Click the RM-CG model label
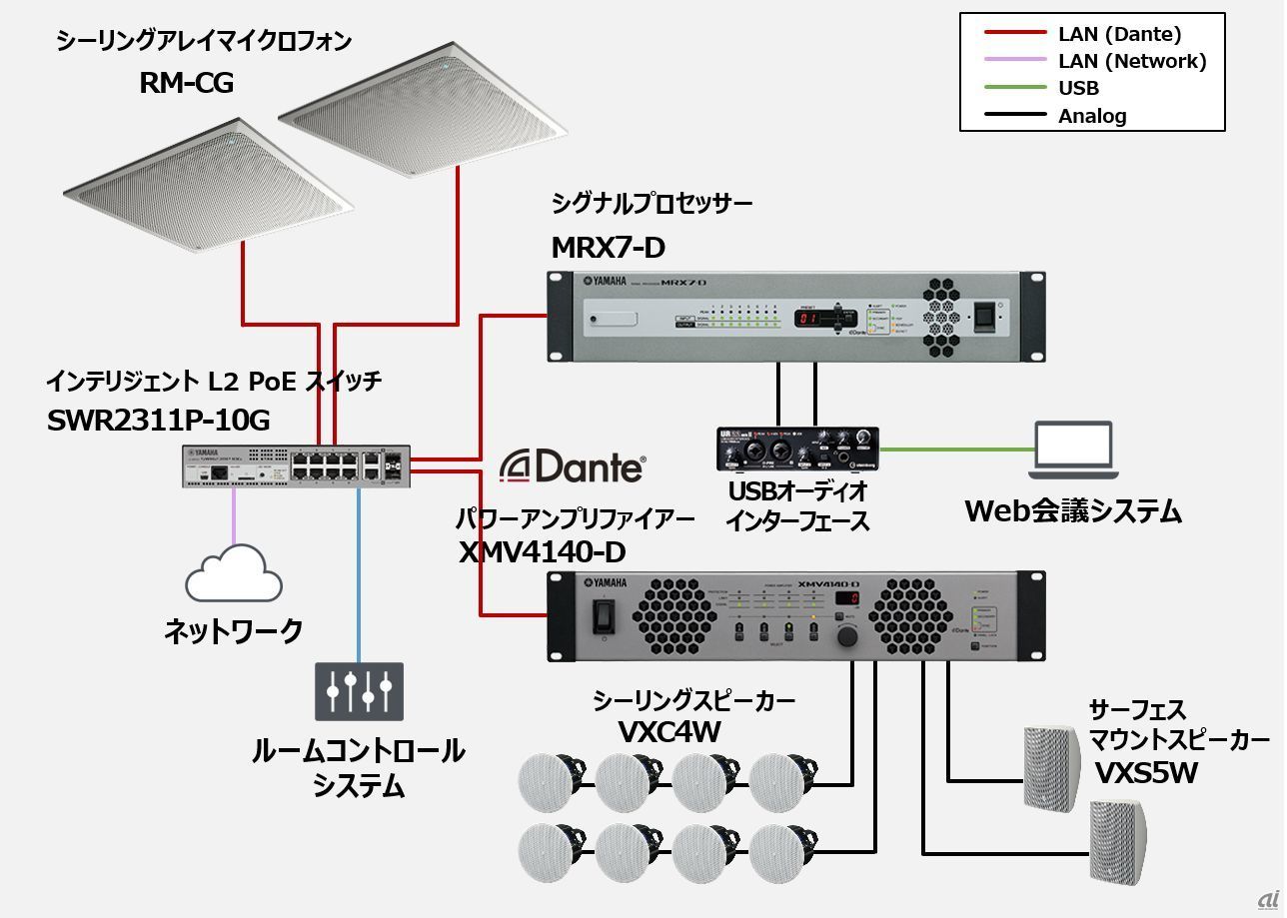point(186,83)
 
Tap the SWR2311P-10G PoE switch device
point(296,465)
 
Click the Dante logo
point(573,465)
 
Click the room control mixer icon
point(359,690)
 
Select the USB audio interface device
point(796,449)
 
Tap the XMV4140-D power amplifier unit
point(796,615)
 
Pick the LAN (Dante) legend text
point(1119,34)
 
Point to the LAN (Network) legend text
point(1131,61)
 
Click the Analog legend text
point(1092,116)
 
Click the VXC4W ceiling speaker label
point(669,732)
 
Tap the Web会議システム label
point(1073,511)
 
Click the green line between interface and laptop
point(954,450)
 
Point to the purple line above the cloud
point(234,514)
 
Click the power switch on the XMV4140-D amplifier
point(603,616)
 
